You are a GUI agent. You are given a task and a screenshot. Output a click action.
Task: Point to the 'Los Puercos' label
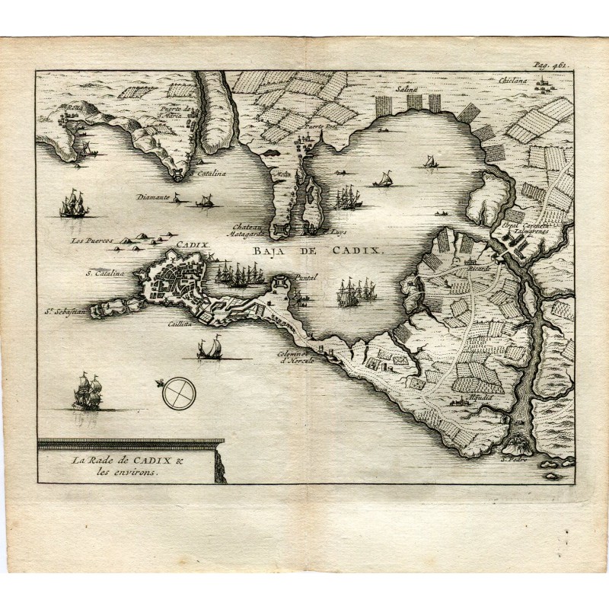tap(90, 241)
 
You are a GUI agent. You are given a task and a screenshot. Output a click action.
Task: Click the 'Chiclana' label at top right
tap(512, 79)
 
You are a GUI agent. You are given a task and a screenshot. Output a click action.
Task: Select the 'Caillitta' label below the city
tap(185, 323)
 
